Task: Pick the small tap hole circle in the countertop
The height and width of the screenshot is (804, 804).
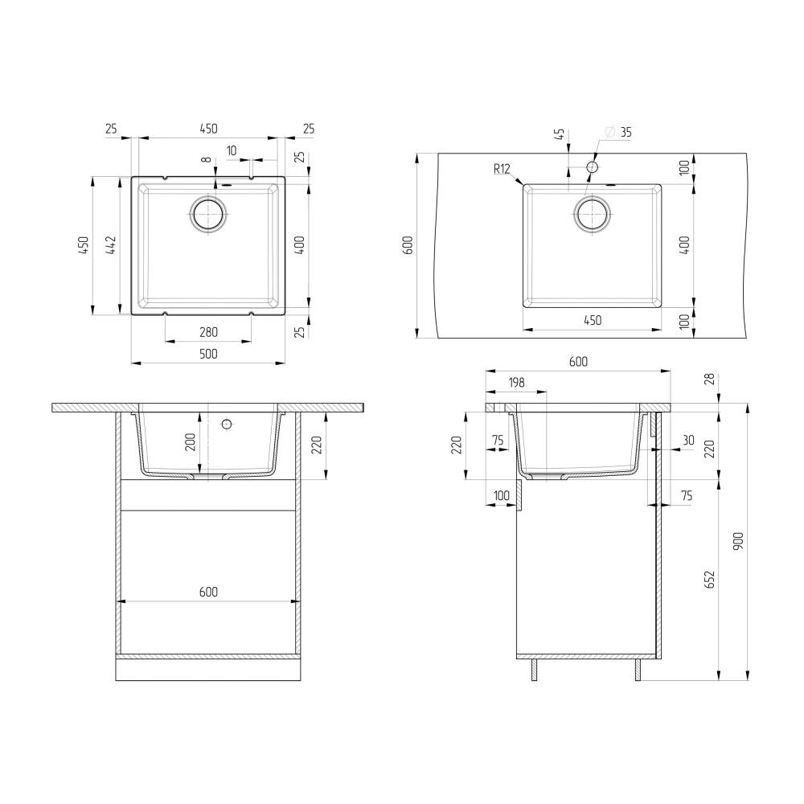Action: (592, 166)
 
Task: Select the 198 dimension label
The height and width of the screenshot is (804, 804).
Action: (515, 384)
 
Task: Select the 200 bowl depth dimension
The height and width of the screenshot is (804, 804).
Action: (191, 442)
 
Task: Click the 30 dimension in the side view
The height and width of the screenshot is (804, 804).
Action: (688, 440)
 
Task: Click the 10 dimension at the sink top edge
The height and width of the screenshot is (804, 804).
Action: (232, 150)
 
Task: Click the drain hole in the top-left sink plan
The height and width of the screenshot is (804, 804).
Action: (209, 215)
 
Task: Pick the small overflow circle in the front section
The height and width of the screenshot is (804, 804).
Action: (226, 423)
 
